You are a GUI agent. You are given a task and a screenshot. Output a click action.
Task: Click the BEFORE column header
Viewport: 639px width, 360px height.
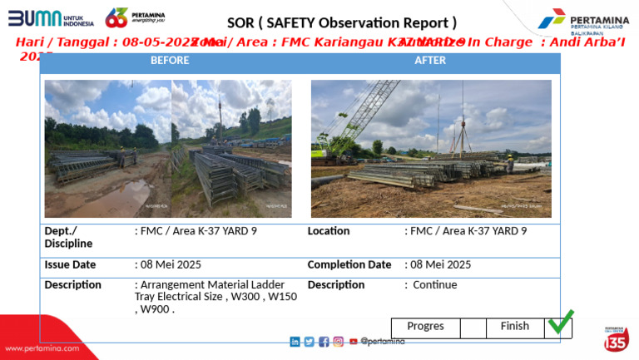pos(170,61)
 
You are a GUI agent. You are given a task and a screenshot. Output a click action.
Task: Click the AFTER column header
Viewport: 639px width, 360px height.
pos(430,61)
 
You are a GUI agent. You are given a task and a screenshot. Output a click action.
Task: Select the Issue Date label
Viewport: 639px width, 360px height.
pos(70,265)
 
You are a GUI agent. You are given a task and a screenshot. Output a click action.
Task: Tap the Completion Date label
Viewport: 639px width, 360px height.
pos(349,265)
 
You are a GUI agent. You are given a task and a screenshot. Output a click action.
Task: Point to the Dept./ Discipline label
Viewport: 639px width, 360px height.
pos(68,237)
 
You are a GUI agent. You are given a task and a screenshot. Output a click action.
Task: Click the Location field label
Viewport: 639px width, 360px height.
pos(329,231)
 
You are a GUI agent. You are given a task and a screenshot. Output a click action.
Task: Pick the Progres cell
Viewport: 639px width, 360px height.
pos(425,327)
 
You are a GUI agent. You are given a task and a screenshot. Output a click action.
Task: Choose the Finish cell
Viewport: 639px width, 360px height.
pos(514,327)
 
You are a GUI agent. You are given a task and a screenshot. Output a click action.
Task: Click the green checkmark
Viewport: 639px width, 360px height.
pos(560,322)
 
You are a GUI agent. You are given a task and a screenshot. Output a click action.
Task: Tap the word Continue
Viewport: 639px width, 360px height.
pos(435,285)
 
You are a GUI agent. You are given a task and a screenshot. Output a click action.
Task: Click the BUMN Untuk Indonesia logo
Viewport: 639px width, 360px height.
pos(51,17)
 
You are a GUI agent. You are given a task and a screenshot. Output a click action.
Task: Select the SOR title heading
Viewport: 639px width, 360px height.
pos(341,22)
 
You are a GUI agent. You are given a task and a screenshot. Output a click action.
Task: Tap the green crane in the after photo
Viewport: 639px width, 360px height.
pos(349,125)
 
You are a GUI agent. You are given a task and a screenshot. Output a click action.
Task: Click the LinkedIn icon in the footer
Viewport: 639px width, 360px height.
pos(295,342)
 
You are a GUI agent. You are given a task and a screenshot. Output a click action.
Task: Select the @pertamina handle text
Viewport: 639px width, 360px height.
pos(383,342)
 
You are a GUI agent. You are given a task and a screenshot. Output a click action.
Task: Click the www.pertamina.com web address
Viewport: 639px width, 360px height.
pos(40,348)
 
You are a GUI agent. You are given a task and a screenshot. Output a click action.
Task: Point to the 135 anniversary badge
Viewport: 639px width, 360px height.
pos(616,339)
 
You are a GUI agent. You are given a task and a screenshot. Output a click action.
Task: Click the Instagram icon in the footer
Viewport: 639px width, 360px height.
pos(338,342)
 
